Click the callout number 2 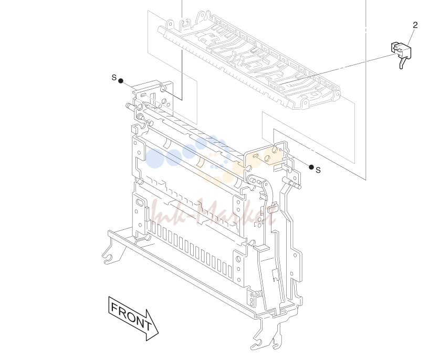point(415,25)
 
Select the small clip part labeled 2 point(401,54)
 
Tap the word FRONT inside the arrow point(131,316)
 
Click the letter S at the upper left point(114,77)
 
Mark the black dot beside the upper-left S point(121,81)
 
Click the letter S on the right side point(318,170)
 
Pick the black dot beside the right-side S point(311,167)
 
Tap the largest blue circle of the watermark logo point(154,158)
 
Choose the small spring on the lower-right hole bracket point(255,294)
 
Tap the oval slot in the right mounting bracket point(256,156)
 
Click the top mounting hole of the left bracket point(163,89)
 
